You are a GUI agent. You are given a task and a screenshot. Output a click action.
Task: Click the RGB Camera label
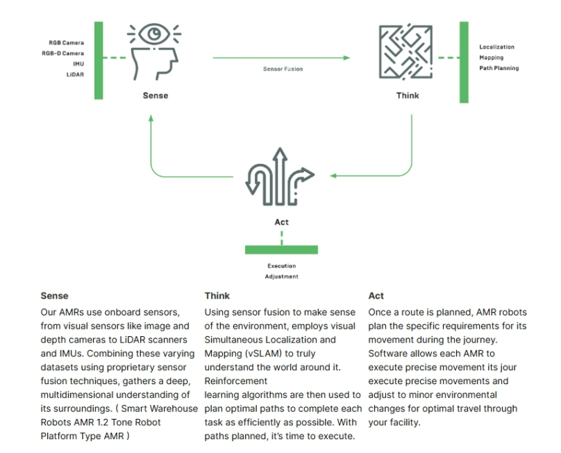pos(66,42)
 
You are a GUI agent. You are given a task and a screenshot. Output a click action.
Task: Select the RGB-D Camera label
pos(63,53)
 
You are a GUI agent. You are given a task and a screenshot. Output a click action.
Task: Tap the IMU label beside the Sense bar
pos(78,64)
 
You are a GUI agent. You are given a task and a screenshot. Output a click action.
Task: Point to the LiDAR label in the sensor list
pos(75,74)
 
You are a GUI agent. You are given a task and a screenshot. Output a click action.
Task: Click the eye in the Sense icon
pos(154,34)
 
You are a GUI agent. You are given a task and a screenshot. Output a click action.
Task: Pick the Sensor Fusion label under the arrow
pos(283,69)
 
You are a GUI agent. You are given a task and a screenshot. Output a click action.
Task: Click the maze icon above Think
pos(405,52)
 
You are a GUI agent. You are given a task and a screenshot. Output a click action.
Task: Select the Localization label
pos(496,47)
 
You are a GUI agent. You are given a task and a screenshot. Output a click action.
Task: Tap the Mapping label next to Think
pos(492,57)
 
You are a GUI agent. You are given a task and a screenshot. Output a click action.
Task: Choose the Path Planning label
pos(499,68)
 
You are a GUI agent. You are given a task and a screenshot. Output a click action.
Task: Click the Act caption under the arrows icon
pos(282,222)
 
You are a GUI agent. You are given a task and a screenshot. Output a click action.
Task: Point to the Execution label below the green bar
pos(282,265)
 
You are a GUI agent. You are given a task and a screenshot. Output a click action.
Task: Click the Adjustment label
pos(282,277)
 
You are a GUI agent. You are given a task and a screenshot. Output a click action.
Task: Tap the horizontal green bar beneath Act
pos(282,249)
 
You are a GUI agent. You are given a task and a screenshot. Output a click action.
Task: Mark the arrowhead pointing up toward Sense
pos(151,118)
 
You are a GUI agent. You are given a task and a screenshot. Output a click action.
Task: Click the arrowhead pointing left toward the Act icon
pos(333,176)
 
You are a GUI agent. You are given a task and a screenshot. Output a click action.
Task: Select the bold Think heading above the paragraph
pos(217,296)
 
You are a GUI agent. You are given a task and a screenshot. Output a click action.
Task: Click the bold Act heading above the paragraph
pos(376,296)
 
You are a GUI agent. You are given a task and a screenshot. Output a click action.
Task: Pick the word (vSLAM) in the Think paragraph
pos(262,354)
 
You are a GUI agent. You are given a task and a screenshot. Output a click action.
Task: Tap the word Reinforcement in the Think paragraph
pos(236,381)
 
